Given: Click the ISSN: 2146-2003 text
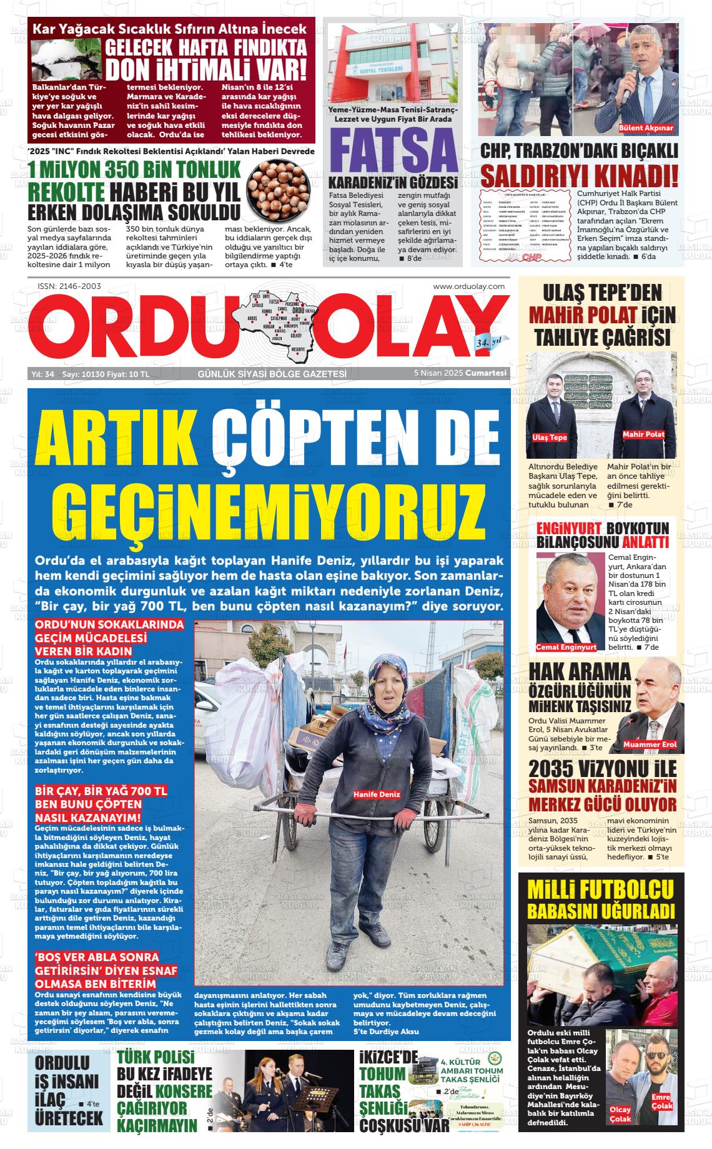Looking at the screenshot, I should pos(69,286).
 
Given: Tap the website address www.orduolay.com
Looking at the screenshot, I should pos(468,286).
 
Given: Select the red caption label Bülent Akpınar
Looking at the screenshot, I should pos(646,128).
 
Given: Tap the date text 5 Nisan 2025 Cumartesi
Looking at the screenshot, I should pos(460,373).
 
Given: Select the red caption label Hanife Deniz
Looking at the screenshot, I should pos(377,795).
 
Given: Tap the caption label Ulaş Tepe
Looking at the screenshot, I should pos(549,438).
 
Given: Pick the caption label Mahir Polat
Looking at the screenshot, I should pos(643,434).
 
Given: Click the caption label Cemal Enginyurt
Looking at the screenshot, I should pos(566,647).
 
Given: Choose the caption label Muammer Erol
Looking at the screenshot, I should pos(650,745).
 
